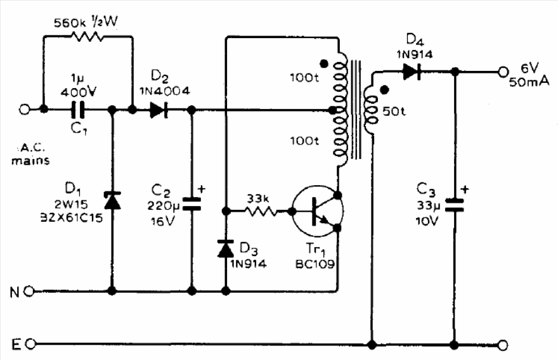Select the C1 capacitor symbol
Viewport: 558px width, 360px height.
tap(78, 110)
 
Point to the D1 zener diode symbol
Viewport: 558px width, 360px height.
tap(112, 201)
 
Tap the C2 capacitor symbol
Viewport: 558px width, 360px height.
tap(191, 203)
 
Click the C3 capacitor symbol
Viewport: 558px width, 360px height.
tap(454, 204)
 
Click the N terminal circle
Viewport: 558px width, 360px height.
tap(29, 292)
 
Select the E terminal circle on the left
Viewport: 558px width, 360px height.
tap(29, 345)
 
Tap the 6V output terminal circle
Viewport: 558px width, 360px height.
tap(503, 72)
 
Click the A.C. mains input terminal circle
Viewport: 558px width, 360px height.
tap(23, 110)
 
